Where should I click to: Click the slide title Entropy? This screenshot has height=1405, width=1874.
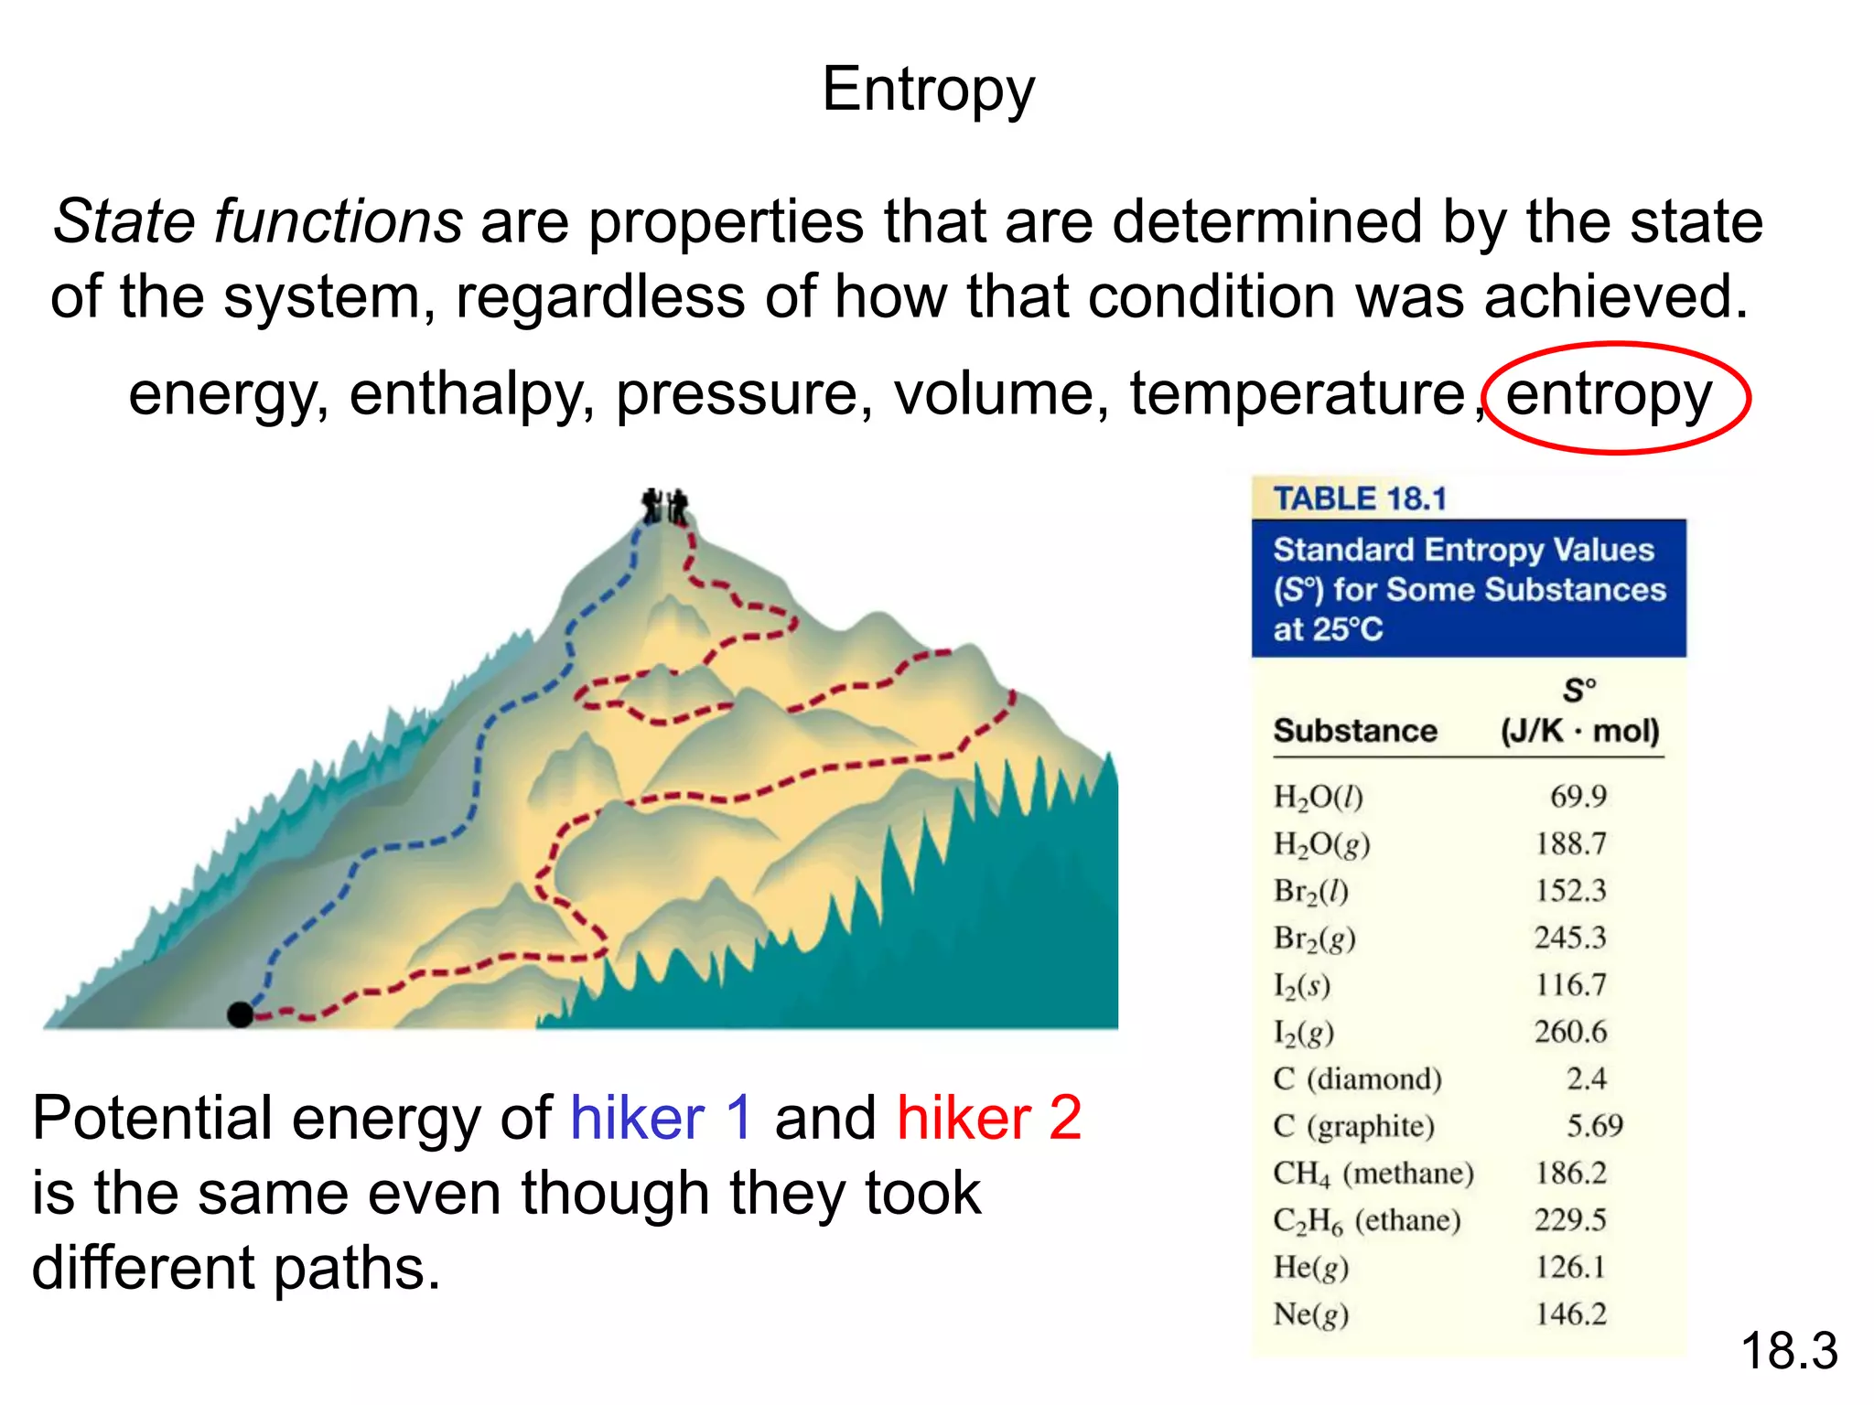coord(928,91)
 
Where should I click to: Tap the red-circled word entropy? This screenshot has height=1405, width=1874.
coord(1609,395)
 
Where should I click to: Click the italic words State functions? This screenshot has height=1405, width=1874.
coord(257,222)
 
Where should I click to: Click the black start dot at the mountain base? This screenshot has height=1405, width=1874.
coord(240,1014)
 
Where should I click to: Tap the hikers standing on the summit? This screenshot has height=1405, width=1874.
coord(665,505)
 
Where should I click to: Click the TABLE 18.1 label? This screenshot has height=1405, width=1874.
coord(1360,499)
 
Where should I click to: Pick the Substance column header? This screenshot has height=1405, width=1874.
coord(1355,731)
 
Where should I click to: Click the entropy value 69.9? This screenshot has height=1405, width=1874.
coord(1578,797)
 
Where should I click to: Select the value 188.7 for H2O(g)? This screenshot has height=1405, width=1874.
coord(1570,843)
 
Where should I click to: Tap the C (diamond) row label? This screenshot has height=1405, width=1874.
coord(1357,1079)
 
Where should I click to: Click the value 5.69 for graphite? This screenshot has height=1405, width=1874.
coord(1594,1126)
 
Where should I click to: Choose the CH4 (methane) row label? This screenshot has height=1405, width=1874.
coord(1373,1174)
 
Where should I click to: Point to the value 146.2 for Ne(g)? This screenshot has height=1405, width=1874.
coord(1570,1314)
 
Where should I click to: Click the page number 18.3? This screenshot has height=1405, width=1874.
coord(1789,1352)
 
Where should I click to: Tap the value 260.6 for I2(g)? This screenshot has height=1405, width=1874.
coord(1570,1032)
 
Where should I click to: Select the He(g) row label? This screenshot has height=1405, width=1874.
coord(1310,1268)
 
